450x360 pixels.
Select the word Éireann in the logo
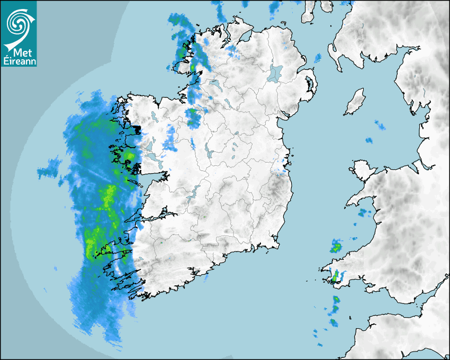coord(19,61)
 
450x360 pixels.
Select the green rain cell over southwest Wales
coord(335,275)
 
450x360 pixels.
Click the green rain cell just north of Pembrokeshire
coord(336,246)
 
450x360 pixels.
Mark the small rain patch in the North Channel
coord(318,57)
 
